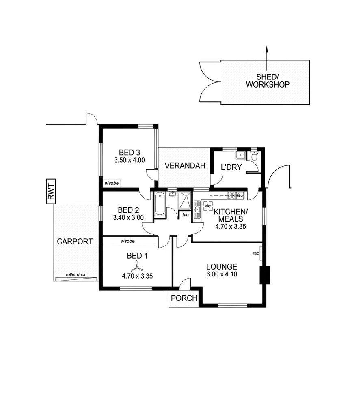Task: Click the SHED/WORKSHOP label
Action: pyautogui.click(x=268, y=81)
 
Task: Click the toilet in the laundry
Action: pyautogui.click(x=254, y=156)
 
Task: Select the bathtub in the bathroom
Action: pyautogui.click(x=160, y=204)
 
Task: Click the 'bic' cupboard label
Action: pyautogui.click(x=185, y=214)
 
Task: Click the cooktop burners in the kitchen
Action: pyautogui.click(x=233, y=196)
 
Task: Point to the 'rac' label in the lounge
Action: pyautogui.click(x=256, y=253)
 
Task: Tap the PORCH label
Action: pyautogui.click(x=184, y=298)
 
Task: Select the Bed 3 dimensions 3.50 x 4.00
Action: pyautogui.click(x=129, y=160)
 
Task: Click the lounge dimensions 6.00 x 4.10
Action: pyautogui.click(x=221, y=274)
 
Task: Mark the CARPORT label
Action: pyautogui.click(x=75, y=242)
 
